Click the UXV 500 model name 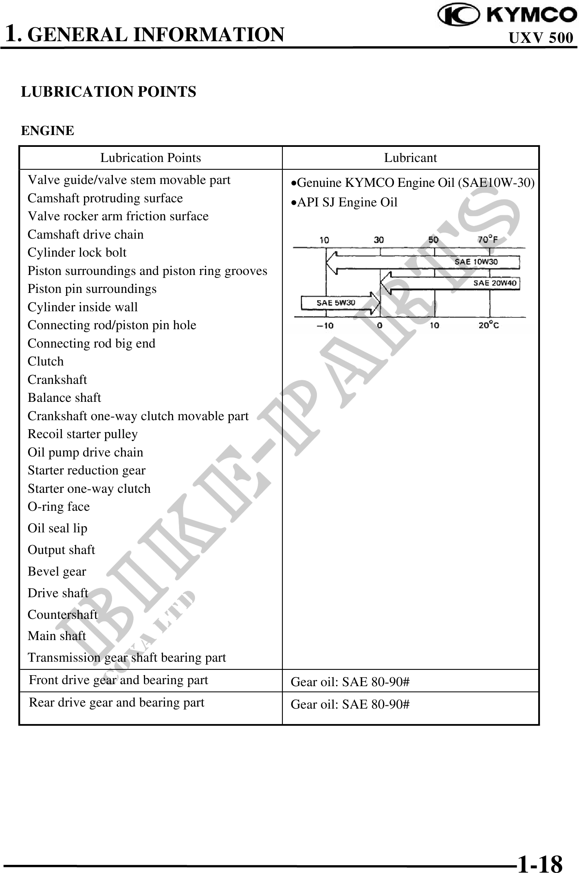pos(541,38)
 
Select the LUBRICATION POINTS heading pos(108,92)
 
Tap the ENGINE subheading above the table pos(48,131)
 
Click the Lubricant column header pos(410,158)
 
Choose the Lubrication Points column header pos(150,158)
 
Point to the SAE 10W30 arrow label pos(476,262)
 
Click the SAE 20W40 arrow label pos(495,283)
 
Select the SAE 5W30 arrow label pos(336,303)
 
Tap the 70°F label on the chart pos(487,239)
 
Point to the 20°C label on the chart pos(488,325)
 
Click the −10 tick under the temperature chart pos(325,326)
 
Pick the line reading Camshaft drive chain pos(86,235)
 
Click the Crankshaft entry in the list pos(57,380)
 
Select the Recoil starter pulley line pos(83,434)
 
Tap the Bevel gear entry pos(57,572)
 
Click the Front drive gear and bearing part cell pos(119,680)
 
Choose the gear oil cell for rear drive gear pos(350,705)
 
